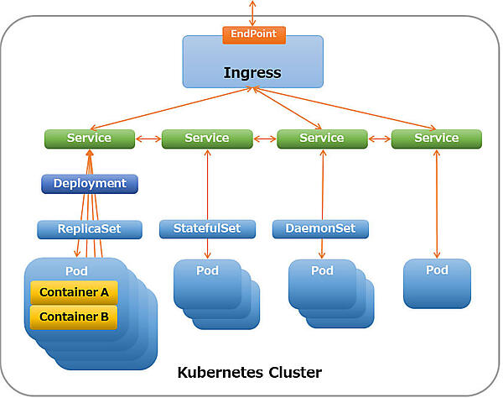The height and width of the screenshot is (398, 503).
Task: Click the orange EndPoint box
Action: pyautogui.click(x=254, y=35)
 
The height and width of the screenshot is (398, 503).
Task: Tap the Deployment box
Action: pyautogui.click(x=90, y=183)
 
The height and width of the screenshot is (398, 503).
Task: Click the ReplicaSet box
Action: pyautogui.click(x=90, y=229)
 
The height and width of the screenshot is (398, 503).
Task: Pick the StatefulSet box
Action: pyautogui.click(x=206, y=228)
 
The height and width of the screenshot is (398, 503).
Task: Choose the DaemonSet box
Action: pyautogui.click(x=321, y=228)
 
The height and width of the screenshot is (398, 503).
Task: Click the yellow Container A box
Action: pyautogui.click(x=74, y=292)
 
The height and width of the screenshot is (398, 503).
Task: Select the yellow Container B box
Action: pyautogui.click(x=74, y=317)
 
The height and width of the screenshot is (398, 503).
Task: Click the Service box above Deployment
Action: pyautogui.click(x=90, y=138)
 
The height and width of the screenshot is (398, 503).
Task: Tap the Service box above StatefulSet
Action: pyautogui.click(x=206, y=138)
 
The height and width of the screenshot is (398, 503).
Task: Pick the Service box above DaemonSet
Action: pyautogui.click(x=322, y=138)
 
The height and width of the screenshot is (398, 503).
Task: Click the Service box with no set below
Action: pyautogui.click(x=437, y=138)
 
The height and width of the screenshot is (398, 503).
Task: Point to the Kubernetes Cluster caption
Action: pyautogui.click(x=249, y=371)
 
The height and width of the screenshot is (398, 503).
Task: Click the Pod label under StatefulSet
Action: pyautogui.click(x=207, y=270)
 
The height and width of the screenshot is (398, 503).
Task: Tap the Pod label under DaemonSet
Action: pyautogui.click(x=322, y=270)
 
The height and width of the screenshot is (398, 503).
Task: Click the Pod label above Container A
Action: pyautogui.click(x=76, y=271)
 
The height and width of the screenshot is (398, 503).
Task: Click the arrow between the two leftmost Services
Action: pyautogui.click(x=148, y=139)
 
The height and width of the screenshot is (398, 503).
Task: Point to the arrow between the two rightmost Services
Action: pyautogui.click(x=379, y=139)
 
